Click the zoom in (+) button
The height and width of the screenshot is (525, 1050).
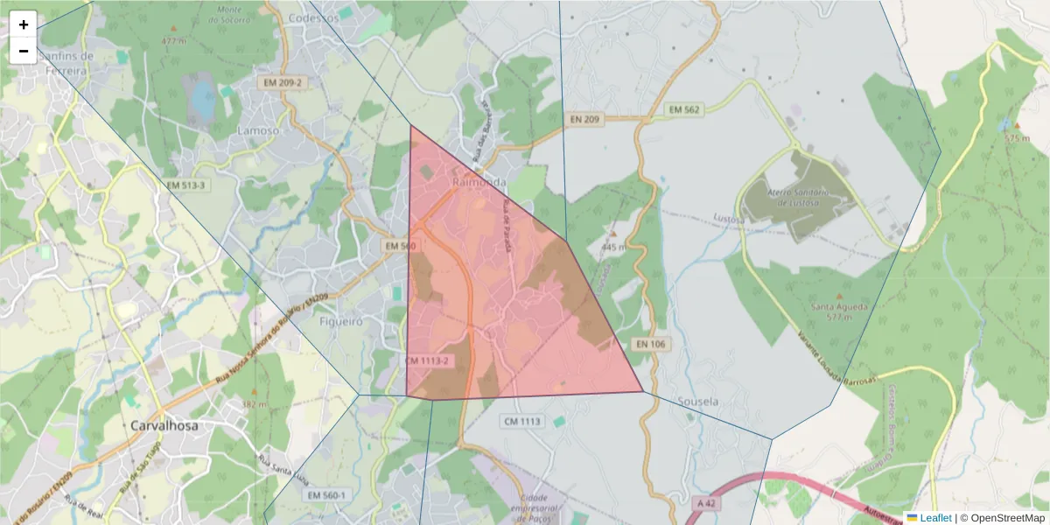click(x=24, y=24)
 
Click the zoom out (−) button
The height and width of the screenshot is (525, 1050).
click(x=24, y=51)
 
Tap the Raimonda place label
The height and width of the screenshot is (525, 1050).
click(x=479, y=182)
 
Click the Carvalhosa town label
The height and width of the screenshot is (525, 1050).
click(x=164, y=426)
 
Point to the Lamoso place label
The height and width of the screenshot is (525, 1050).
click(x=258, y=130)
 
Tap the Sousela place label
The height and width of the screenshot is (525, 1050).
click(x=698, y=402)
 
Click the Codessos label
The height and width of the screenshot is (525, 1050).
click(x=312, y=17)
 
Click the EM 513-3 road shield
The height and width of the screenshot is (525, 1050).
click(x=185, y=185)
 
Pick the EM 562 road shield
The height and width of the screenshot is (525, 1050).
click(x=684, y=109)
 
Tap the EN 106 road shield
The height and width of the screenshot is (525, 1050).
click(x=651, y=345)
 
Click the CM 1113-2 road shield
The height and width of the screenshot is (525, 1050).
click(x=428, y=360)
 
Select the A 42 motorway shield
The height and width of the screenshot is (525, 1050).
click(x=707, y=503)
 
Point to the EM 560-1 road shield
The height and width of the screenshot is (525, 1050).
click(x=327, y=495)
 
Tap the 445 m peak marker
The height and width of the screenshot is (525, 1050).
click(x=613, y=234)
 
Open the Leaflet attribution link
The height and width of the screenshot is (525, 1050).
click(x=934, y=518)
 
